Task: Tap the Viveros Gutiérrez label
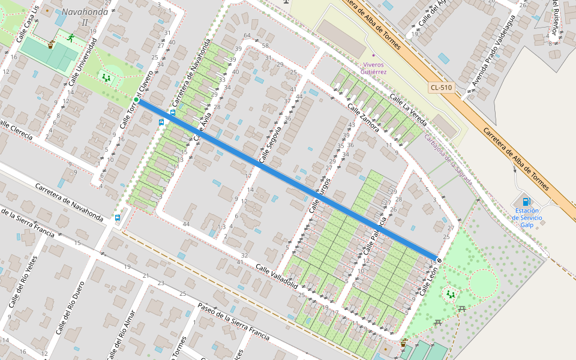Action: pos(373,68)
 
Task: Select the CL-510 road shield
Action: pos(441,88)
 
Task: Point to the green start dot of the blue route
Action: pos(137,100)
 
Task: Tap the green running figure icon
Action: pos(71,38)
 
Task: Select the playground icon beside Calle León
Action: pos(450,294)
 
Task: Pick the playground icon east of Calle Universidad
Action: pos(106,77)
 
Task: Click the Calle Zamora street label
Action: pos(364,117)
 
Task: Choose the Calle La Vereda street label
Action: pos(407,110)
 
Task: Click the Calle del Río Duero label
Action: pos(70,309)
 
